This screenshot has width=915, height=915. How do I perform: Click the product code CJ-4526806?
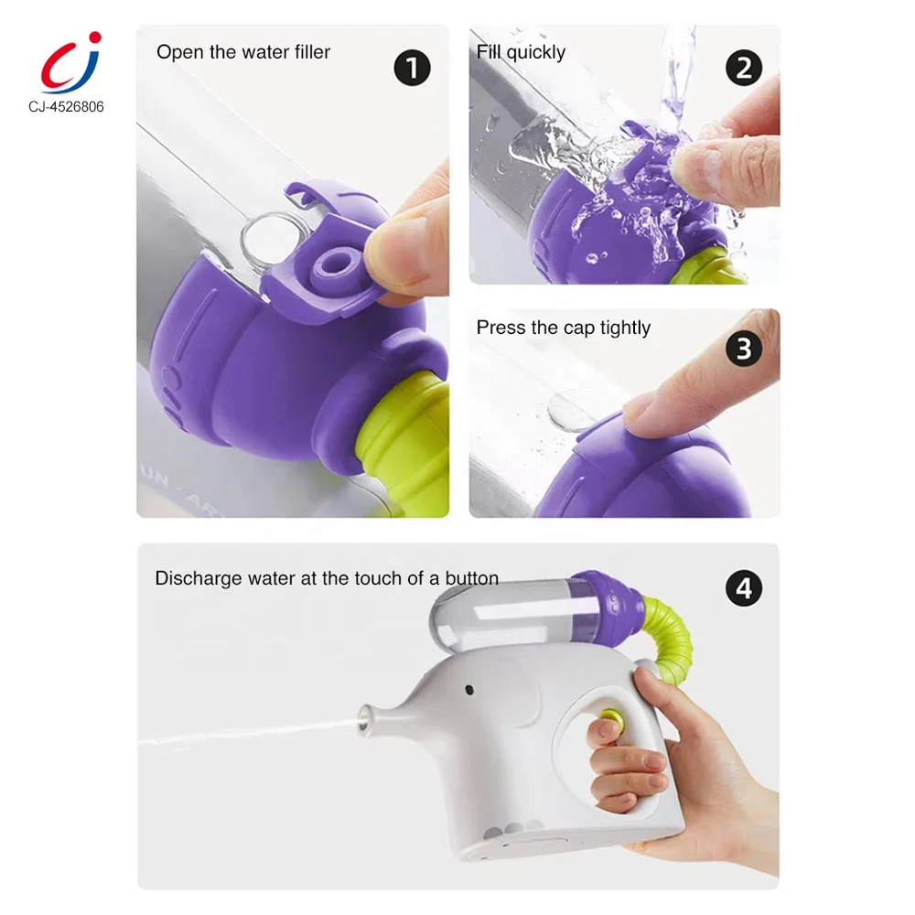66,107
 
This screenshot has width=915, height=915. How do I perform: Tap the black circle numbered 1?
412,68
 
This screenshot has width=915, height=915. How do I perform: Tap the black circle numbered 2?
743,68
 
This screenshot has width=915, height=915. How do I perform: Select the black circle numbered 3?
743,349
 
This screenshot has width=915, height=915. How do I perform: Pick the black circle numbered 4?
743,588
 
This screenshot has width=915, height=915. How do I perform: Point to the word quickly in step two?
535,52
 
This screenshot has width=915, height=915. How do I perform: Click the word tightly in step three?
625,328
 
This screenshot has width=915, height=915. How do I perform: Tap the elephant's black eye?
469,691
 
